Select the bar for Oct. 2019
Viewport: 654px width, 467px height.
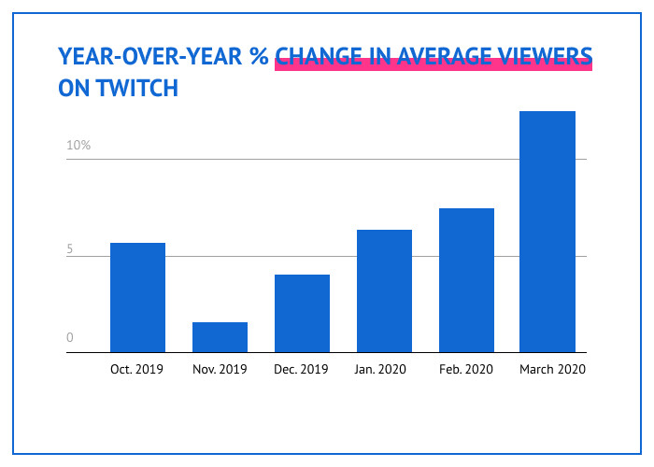(137, 297)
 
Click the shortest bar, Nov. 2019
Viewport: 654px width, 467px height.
(220, 337)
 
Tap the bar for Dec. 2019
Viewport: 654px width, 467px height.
(302, 313)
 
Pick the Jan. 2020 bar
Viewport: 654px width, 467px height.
(384, 290)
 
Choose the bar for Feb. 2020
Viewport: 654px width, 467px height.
(466, 280)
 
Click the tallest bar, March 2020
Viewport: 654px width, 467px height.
(547, 232)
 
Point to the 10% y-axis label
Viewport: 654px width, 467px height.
(78, 146)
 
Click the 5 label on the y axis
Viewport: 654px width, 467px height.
(70, 250)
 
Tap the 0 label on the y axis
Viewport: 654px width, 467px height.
(70, 338)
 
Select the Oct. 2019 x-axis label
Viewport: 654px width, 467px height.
(136, 370)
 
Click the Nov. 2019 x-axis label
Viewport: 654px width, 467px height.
(219, 370)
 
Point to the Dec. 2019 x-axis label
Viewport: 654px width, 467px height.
(301, 370)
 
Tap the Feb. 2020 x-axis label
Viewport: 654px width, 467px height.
(465, 370)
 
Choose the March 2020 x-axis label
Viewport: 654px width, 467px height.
(552, 370)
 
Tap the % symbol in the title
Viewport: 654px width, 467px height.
(259, 56)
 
